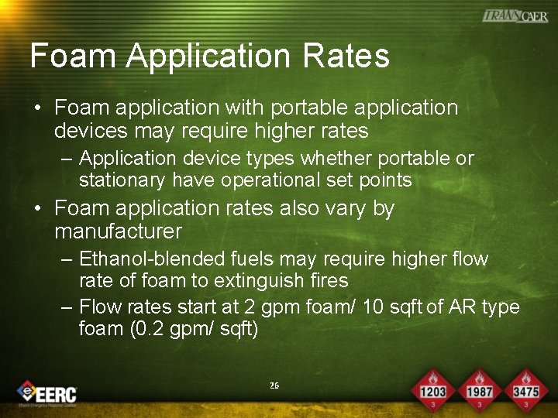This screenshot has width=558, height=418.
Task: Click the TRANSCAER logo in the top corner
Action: click(x=515, y=16)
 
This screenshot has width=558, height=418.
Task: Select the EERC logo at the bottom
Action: click(x=47, y=393)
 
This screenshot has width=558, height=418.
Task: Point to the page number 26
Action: click(x=274, y=385)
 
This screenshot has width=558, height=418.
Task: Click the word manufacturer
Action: click(x=118, y=231)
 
